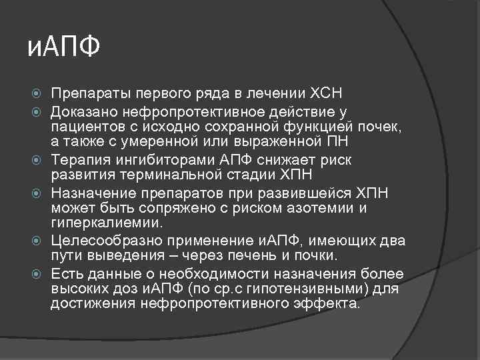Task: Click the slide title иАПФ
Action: click(65, 47)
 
